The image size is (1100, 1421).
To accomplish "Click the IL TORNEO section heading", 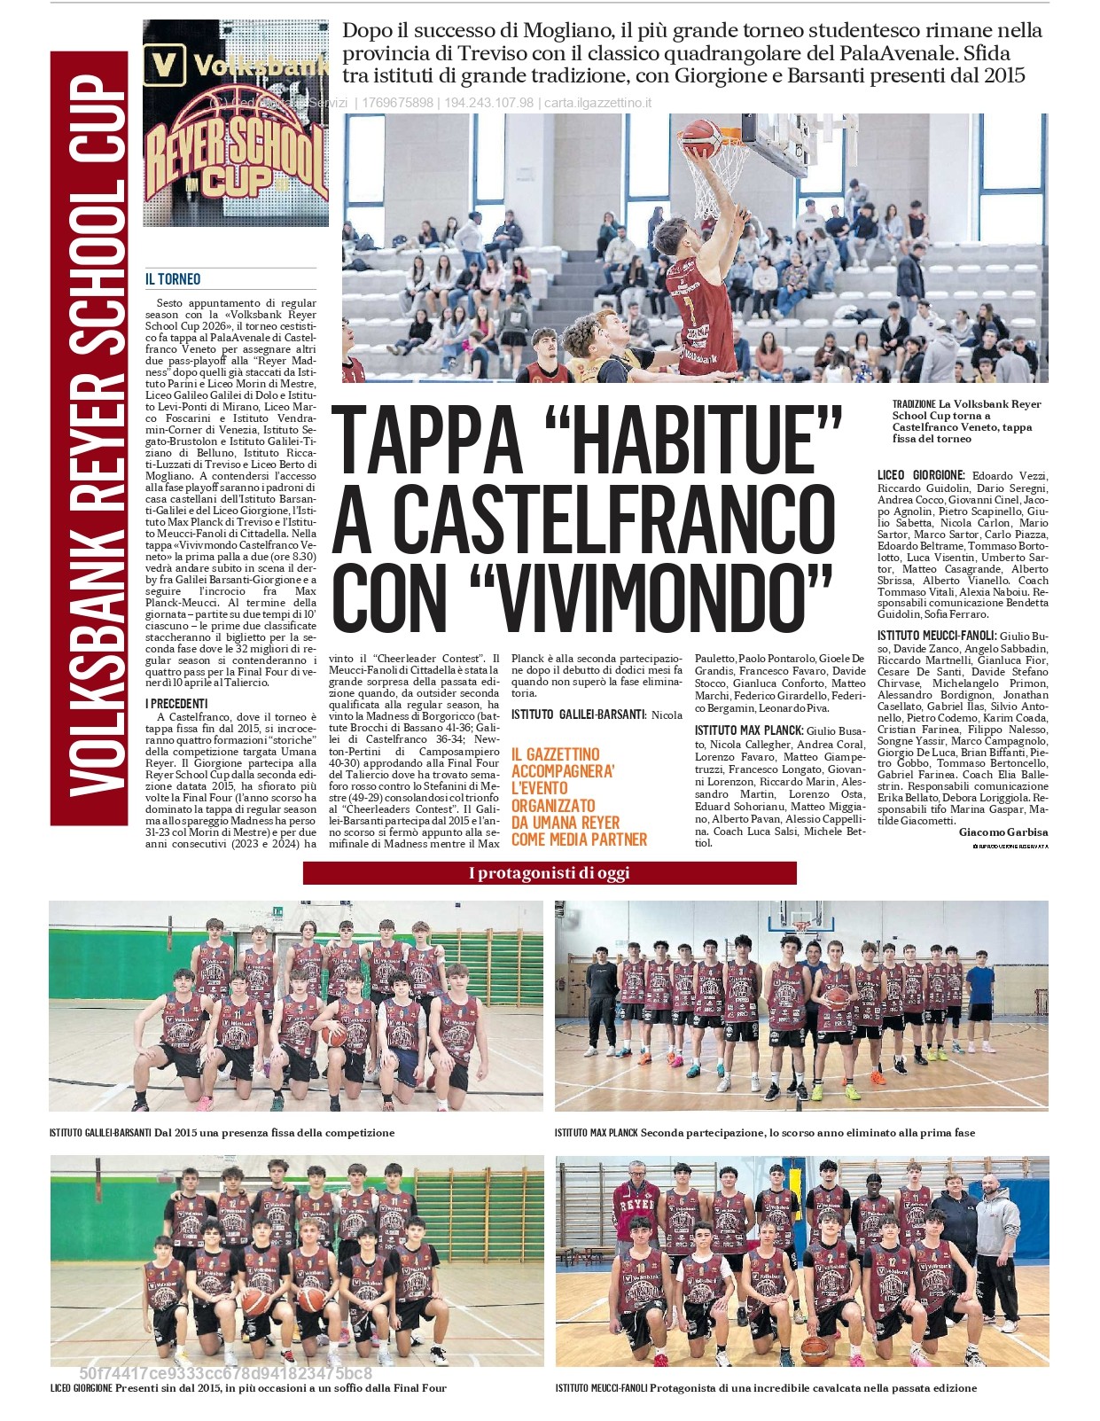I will pos(173,279).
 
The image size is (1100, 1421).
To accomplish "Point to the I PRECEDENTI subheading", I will pos(176,704).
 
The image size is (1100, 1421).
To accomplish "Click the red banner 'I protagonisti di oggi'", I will pos(549,873).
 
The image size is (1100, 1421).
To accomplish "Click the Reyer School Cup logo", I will pos(236,124).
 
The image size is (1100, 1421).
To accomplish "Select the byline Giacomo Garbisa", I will pos(1002,832).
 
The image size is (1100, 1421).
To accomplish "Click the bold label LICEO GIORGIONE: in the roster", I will pos(920,476).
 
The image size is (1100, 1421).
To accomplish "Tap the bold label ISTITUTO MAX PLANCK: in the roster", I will pos(748,730).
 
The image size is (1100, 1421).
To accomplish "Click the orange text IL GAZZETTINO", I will pos(555,754).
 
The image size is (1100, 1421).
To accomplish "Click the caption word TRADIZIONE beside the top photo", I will pos(914,404).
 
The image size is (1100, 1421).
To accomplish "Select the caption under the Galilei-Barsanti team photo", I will pos(222,1133).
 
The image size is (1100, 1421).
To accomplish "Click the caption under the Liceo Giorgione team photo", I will pos(248,1388).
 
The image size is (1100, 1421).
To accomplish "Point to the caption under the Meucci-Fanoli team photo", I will pos(766,1388).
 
